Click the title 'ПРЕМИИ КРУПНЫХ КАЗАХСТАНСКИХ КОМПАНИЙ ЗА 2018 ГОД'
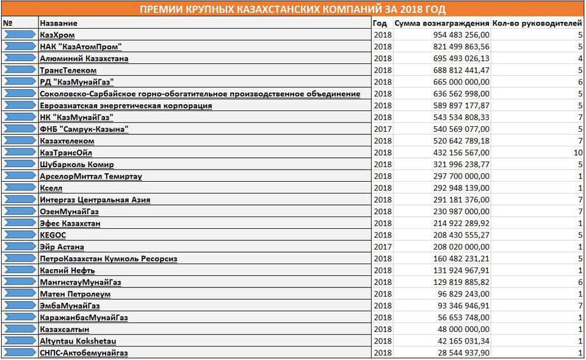click(x=292, y=10)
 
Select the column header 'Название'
click(x=58, y=23)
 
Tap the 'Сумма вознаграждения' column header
click(x=442, y=23)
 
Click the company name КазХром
click(x=57, y=35)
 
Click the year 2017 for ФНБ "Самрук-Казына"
click(x=382, y=129)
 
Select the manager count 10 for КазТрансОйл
click(x=578, y=153)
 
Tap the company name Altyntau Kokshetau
click(x=79, y=340)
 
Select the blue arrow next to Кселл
click(x=20, y=188)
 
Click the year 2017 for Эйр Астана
click(x=382, y=247)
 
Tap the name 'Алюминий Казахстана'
click(x=84, y=59)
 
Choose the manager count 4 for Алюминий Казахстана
click(x=580, y=59)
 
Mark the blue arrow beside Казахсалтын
click(x=20, y=329)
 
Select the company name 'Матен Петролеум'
click(x=75, y=293)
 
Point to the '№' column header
click(x=9, y=23)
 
